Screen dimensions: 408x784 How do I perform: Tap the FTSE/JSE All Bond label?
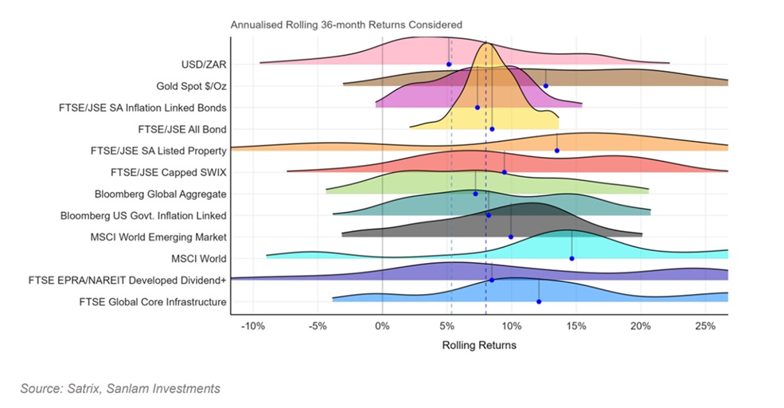(x=182, y=128)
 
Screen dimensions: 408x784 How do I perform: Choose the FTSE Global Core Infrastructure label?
(x=153, y=301)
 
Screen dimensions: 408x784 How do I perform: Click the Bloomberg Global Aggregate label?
(x=160, y=194)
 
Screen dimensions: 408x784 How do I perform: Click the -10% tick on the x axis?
(x=253, y=327)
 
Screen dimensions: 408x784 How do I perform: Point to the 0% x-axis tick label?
(x=382, y=327)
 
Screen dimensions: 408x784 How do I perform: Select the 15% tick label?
(x=576, y=327)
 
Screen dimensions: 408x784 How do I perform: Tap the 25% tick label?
(x=705, y=327)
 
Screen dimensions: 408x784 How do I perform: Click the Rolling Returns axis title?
(x=478, y=345)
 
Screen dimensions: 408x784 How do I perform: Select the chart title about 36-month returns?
(x=346, y=25)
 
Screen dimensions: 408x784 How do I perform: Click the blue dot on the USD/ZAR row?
(x=449, y=64)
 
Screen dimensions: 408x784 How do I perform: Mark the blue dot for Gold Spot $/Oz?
(x=546, y=85)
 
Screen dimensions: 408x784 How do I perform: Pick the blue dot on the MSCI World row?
(x=571, y=258)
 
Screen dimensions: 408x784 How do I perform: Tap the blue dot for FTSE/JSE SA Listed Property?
(x=557, y=150)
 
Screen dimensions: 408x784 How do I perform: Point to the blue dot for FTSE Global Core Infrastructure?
(x=539, y=301)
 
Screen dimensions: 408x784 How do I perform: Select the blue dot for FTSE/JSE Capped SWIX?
(x=504, y=171)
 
